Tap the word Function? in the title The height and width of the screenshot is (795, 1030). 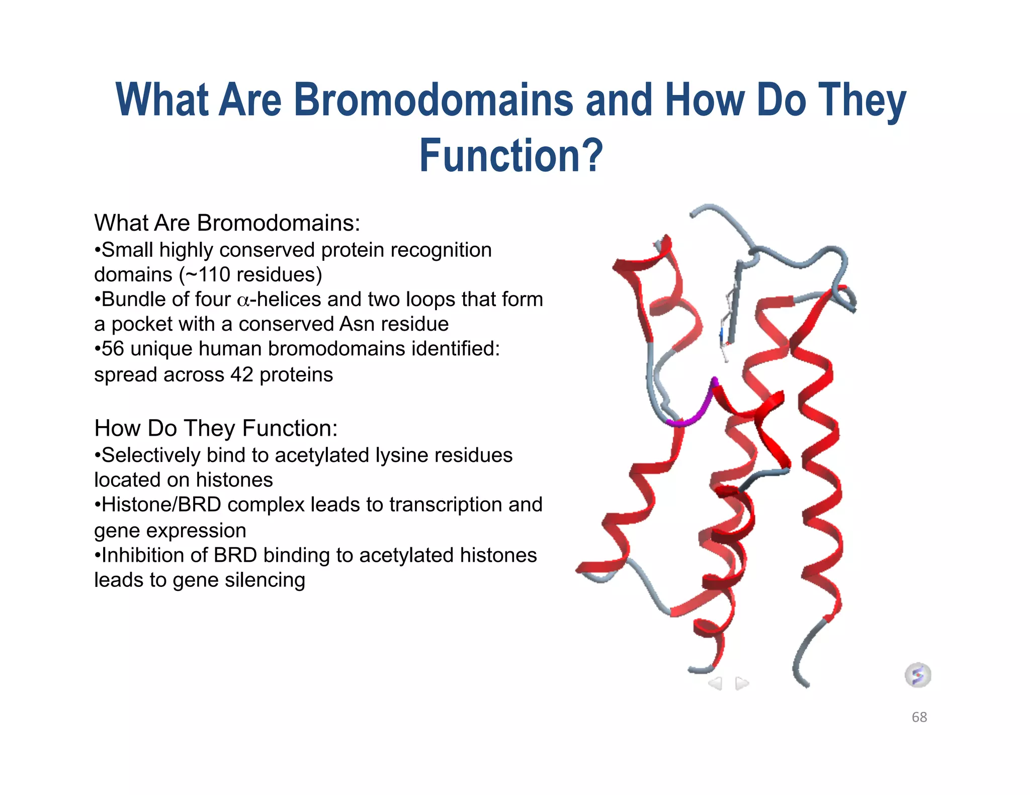click(510, 156)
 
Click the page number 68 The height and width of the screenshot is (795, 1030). click(919, 717)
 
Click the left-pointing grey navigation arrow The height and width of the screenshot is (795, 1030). click(715, 683)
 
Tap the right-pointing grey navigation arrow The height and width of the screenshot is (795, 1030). click(742, 683)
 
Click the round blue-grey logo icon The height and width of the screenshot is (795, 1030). click(918, 675)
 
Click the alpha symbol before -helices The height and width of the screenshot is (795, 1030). click(243, 301)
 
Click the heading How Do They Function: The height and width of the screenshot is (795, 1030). click(216, 429)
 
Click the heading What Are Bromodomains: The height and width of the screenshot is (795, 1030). click(227, 223)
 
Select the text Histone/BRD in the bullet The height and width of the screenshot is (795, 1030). click(161, 505)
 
